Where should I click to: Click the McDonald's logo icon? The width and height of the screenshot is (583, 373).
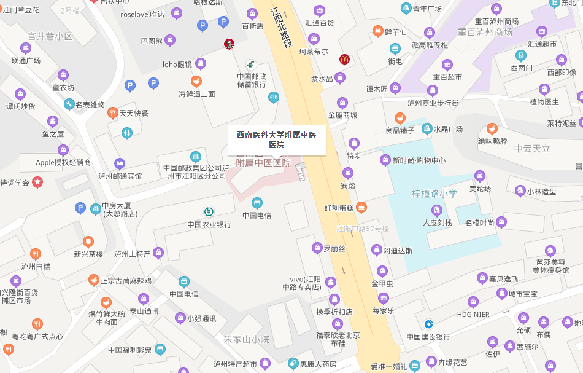click(x=344, y=60)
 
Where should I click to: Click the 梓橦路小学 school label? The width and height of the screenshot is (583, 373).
click(x=434, y=194)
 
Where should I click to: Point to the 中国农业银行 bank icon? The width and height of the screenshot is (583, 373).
click(x=209, y=212)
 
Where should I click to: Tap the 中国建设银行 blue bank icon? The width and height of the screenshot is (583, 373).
click(x=428, y=324)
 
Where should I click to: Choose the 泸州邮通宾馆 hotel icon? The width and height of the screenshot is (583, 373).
click(x=119, y=163)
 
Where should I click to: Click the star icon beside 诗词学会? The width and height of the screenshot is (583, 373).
click(x=37, y=182)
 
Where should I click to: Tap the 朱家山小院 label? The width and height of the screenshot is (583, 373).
click(x=246, y=339)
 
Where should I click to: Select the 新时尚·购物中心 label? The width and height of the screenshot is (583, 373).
click(x=420, y=161)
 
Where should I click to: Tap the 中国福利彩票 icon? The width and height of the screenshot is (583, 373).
click(x=160, y=350)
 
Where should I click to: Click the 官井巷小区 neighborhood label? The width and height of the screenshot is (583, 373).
click(x=50, y=36)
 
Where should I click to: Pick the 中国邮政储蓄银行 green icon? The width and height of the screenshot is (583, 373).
click(x=251, y=65)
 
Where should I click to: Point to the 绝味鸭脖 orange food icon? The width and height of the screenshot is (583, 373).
click(x=492, y=129)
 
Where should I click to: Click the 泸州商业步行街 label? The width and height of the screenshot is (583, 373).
click(x=433, y=103)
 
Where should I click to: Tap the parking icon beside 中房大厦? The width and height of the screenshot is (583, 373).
click(x=80, y=208)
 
